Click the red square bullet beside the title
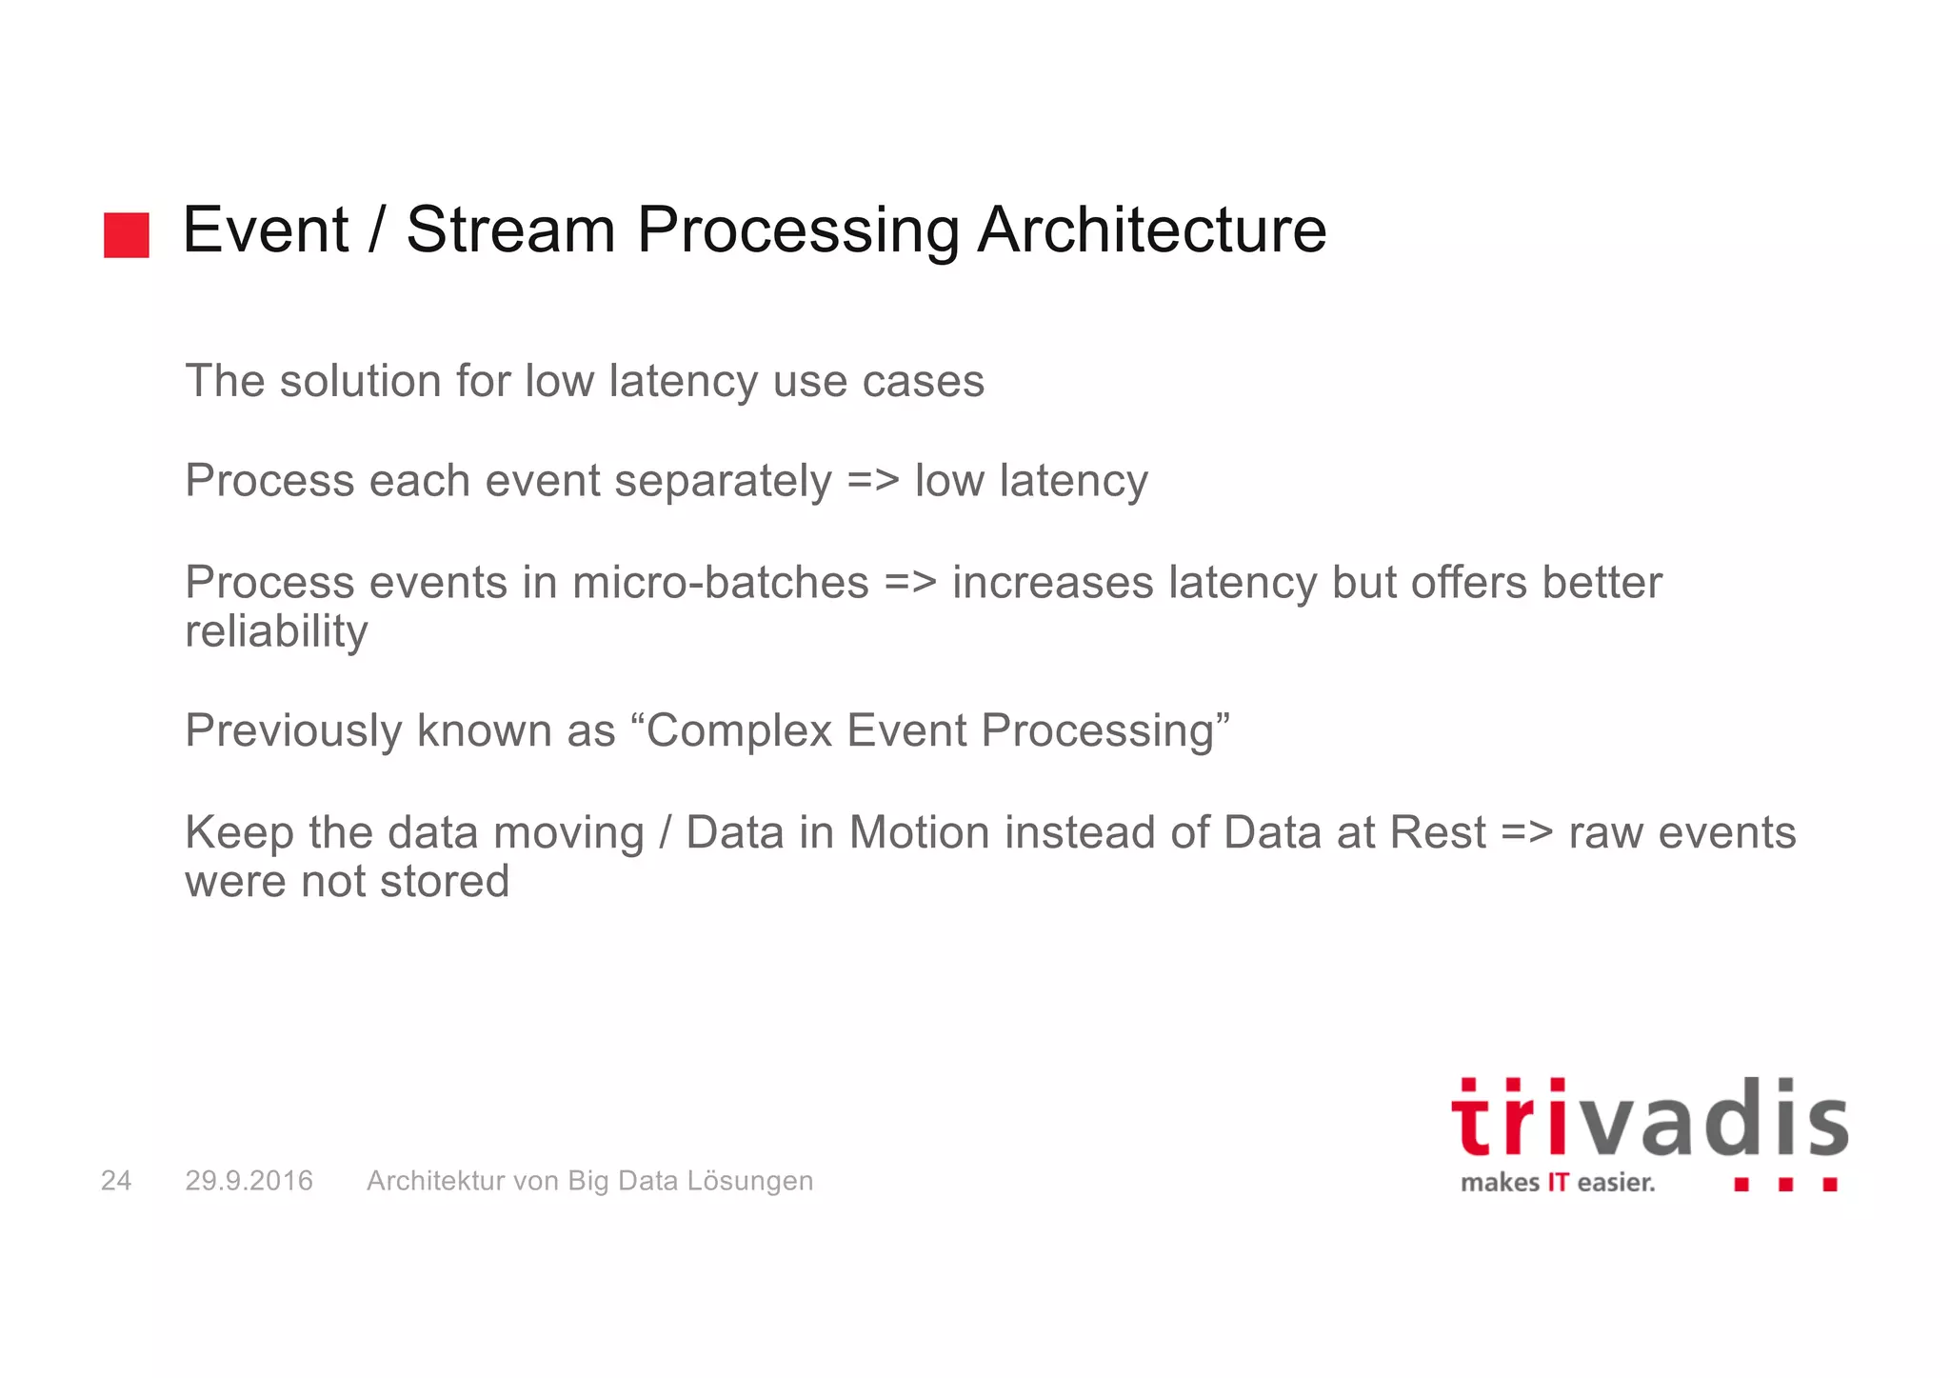click(127, 235)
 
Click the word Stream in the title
click(510, 230)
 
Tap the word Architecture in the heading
click(1151, 230)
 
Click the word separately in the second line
click(723, 482)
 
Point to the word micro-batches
click(720, 583)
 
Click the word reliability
click(276, 632)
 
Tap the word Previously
click(292, 732)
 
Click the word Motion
click(919, 832)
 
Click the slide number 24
click(116, 1181)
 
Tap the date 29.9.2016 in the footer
click(249, 1181)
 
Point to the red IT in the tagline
click(1557, 1183)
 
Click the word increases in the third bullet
click(1052, 583)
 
